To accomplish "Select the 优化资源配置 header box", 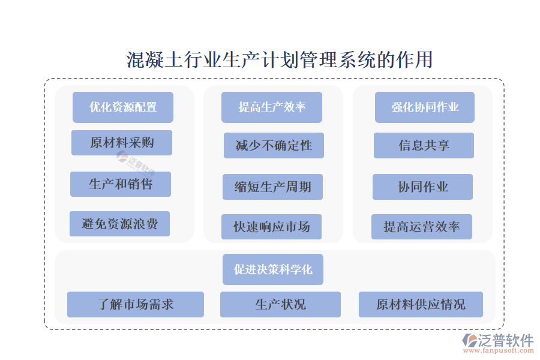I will pyautogui.click(x=123, y=107).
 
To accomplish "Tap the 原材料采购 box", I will pyautogui.click(x=122, y=143).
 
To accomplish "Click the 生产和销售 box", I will pyautogui.click(x=121, y=184).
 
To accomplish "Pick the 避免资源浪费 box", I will pyautogui.click(x=119, y=224).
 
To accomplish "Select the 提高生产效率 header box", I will pyautogui.click(x=272, y=107).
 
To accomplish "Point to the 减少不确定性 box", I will pyautogui.click(x=274, y=146).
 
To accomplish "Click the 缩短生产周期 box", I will pyautogui.click(x=272, y=187).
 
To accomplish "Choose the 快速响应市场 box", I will pyautogui.click(x=271, y=227).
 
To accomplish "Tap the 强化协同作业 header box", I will pyautogui.click(x=425, y=107).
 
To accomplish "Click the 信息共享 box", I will pyautogui.click(x=424, y=146).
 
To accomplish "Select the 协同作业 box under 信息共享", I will pyautogui.click(x=422, y=187).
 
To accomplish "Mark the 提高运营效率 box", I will pyautogui.click(x=421, y=227).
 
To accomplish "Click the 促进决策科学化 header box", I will pyautogui.click(x=273, y=269).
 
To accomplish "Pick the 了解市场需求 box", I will pyautogui.click(x=136, y=304).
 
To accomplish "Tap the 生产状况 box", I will pyautogui.click(x=280, y=304).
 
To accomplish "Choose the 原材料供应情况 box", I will pyautogui.click(x=421, y=304).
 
